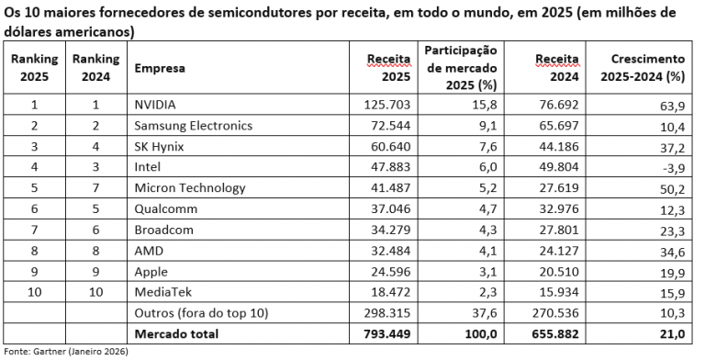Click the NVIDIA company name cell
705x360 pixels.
point(155,104)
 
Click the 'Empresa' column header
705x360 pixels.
point(160,68)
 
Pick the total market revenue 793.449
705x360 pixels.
point(383,333)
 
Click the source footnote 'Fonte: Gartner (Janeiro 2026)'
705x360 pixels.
point(66,352)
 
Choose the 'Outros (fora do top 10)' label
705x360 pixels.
point(201,313)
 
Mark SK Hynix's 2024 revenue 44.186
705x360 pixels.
point(555,146)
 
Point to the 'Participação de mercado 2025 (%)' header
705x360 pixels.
point(459,68)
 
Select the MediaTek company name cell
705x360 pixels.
point(162,292)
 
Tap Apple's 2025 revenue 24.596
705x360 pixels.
point(386,271)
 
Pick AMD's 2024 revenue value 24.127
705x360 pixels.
point(555,250)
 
